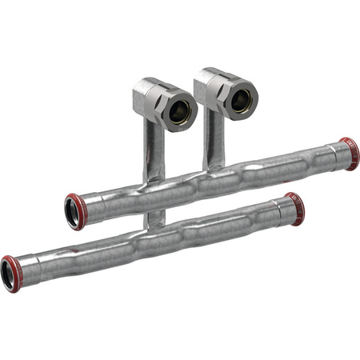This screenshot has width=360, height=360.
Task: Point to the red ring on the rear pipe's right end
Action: pos(350,153)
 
